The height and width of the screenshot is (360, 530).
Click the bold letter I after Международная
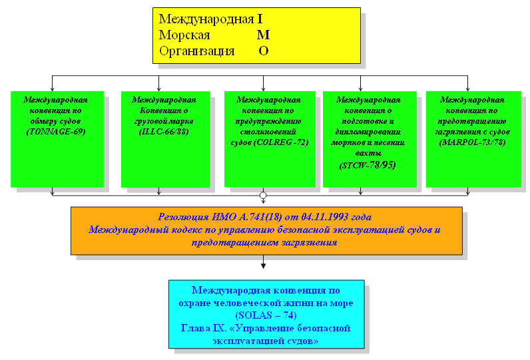(260, 20)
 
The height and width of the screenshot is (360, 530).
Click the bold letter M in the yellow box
(263, 35)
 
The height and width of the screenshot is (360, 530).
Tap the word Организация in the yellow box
(197, 51)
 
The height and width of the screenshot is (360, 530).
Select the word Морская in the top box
(185, 35)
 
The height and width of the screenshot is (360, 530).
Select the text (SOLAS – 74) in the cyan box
(266, 315)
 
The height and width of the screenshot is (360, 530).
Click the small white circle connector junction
(263, 196)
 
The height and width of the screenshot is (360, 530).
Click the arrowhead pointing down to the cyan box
(263, 267)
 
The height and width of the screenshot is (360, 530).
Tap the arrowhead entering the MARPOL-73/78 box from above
(469, 87)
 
